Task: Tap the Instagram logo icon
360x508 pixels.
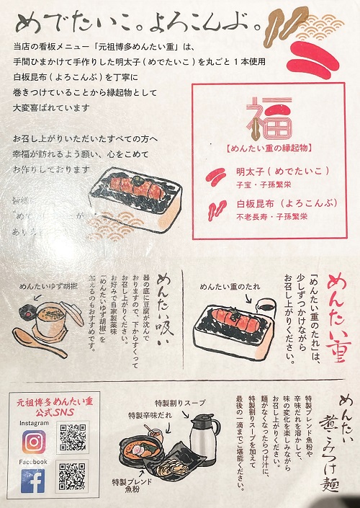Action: [x=32, y=440]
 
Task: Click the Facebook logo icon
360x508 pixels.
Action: [x=32, y=481]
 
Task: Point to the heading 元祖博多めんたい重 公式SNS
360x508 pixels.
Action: [x=55, y=408]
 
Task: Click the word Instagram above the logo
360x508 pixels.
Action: [x=30, y=423]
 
